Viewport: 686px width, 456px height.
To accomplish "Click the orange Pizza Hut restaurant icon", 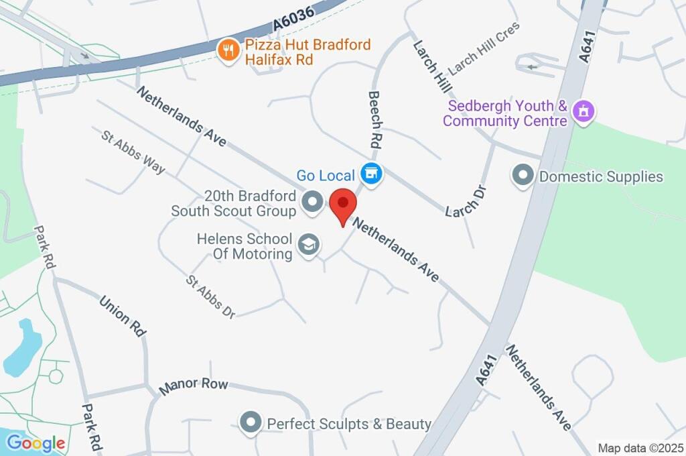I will [229, 50].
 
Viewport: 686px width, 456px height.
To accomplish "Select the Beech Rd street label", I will [376, 120].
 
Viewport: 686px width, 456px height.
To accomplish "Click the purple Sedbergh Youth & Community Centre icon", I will [584, 113].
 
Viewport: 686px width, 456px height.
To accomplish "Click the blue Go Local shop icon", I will [370, 175].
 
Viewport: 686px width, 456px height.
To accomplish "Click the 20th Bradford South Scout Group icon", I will [312, 202].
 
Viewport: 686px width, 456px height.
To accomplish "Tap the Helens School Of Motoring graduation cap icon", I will [308, 245].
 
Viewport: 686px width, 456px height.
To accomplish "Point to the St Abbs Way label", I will [133, 152].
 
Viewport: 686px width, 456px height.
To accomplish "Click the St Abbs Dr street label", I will [210, 296].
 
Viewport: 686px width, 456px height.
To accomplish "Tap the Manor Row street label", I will [194, 385].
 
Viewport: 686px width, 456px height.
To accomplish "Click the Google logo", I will [36, 443].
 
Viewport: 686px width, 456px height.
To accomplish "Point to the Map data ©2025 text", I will [640, 448].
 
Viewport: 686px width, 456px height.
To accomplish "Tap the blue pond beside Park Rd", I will [22, 347].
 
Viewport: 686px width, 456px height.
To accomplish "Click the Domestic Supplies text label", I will [601, 177].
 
